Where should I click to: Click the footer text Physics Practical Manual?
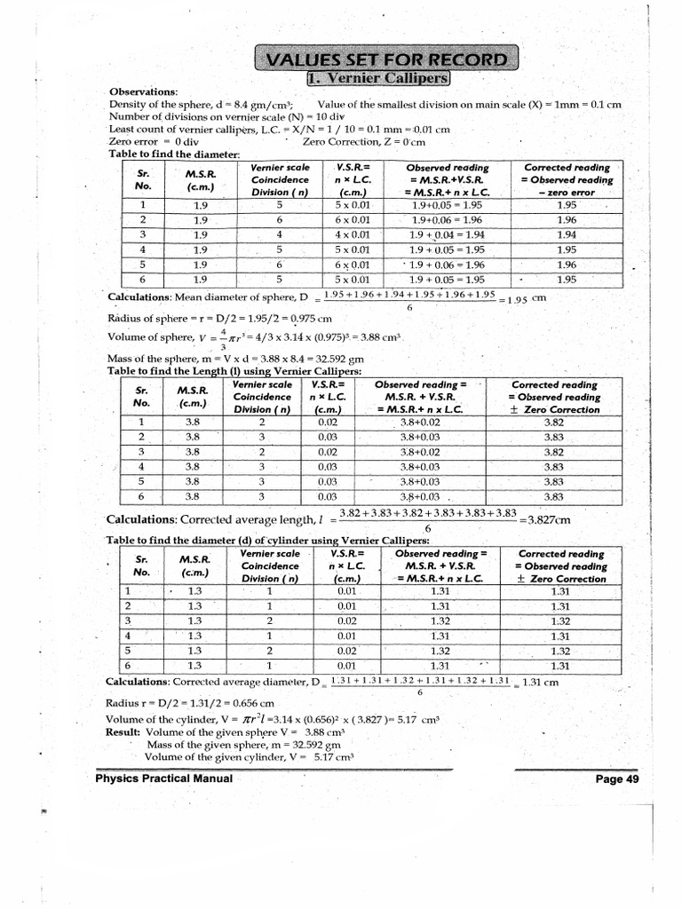coord(164,779)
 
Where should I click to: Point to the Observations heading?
coord(143,92)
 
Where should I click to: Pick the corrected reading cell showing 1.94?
coord(567,234)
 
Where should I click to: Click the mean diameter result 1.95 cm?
coord(529,299)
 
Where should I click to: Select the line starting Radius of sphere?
coord(220,318)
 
